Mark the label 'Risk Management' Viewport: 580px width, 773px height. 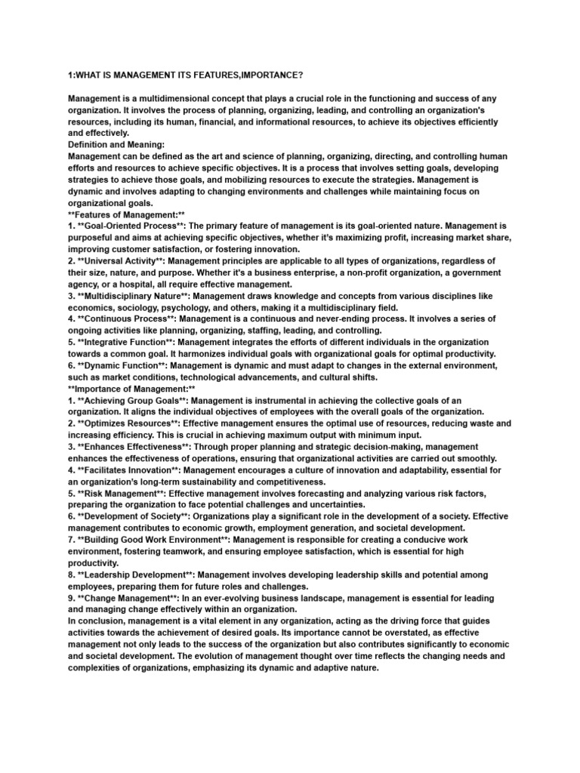point(122,493)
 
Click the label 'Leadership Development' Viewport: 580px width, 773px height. point(137,574)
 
